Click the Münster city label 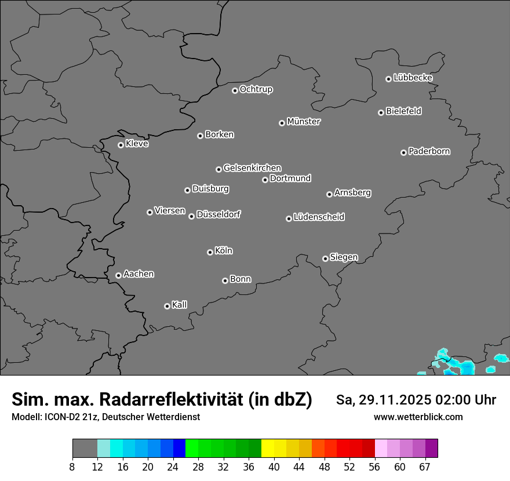[304, 122]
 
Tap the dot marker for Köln [210, 252]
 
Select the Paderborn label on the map [429, 151]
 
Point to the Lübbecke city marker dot [388, 79]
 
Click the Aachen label [139, 274]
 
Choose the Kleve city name [137, 144]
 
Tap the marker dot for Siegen [325, 258]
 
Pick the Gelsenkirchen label [252, 168]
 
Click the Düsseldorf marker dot [191, 216]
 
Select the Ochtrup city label [256, 89]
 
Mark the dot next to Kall [167, 306]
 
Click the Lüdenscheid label [319, 217]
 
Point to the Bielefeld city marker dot [381, 112]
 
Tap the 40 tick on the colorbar [274, 466]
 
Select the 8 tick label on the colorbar [72, 466]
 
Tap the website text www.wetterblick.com [418, 417]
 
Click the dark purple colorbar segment [431, 449]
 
